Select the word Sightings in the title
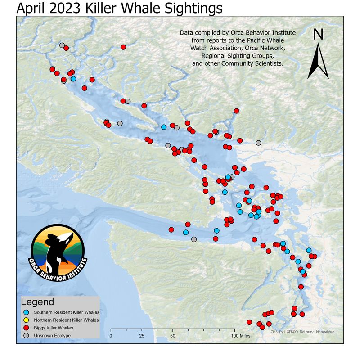190,8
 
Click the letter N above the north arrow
318,35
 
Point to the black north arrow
318,61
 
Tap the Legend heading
38,302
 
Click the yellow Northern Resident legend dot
27,320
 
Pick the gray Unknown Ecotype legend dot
27,336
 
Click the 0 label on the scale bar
111,336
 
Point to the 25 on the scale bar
142,336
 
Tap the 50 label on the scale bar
173,336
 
